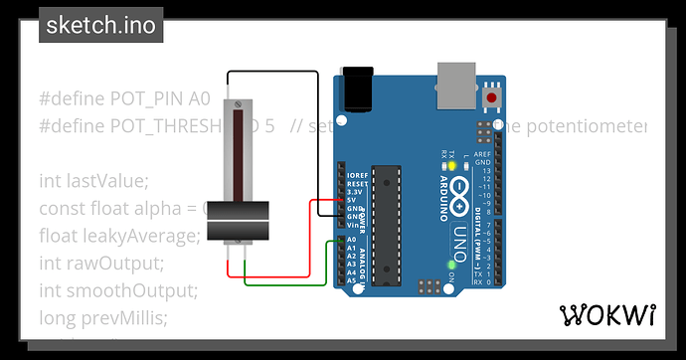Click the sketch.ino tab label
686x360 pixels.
point(101,26)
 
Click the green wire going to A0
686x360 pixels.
point(288,284)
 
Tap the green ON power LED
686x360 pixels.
point(452,265)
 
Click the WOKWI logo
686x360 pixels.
point(608,315)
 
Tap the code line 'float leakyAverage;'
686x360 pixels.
point(119,236)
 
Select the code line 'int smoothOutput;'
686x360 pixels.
point(118,290)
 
